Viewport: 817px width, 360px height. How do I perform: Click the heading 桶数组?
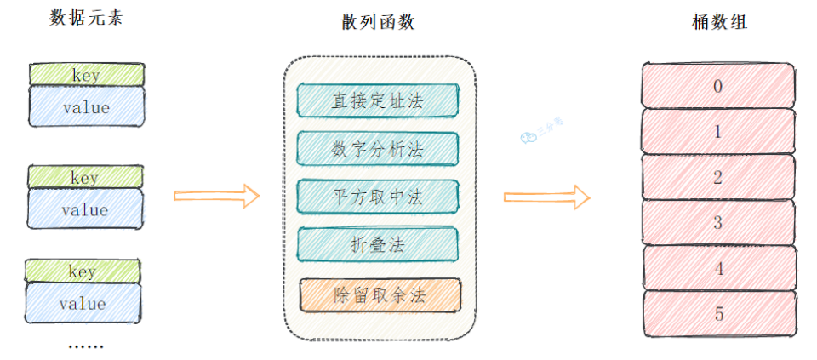(718, 23)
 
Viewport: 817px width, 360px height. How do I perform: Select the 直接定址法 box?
(378, 100)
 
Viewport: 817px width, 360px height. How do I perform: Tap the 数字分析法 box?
(378, 148)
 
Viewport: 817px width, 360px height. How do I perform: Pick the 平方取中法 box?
(378, 197)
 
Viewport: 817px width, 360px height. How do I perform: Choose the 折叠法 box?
(378, 245)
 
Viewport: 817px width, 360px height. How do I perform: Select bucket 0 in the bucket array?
(718, 86)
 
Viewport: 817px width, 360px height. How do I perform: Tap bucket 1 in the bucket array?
(718, 131)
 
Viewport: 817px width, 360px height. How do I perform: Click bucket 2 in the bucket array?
(718, 177)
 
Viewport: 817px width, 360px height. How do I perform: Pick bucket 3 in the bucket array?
(718, 223)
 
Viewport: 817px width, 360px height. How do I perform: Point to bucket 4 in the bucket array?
(718, 268)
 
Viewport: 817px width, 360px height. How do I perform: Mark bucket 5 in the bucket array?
(718, 314)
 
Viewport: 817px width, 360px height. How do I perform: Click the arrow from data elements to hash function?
(216, 196)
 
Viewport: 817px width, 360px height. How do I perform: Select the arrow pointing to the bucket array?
(546, 197)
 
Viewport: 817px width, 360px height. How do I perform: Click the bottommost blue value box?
(83, 303)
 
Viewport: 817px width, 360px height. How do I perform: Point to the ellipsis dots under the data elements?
(85, 346)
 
